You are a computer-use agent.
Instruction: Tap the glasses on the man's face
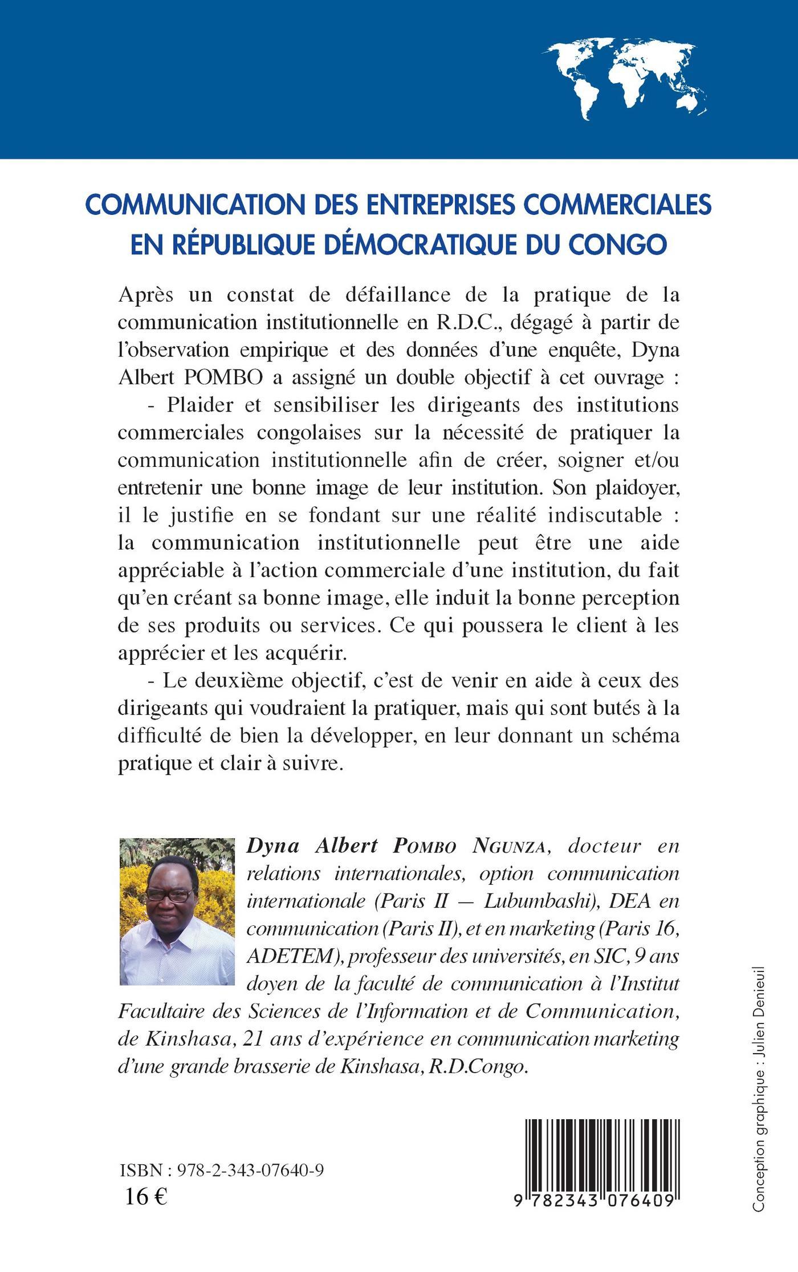coord(170,895)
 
